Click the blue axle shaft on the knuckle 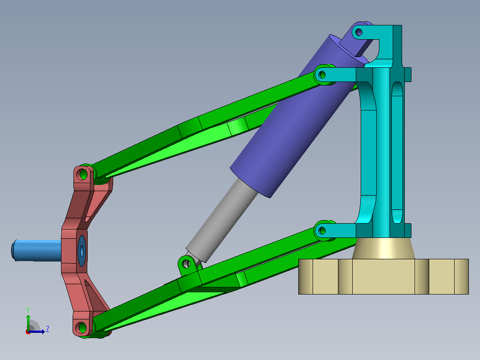(x=37, y=250)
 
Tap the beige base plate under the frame (x=383, y=276)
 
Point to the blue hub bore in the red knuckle (x=82, y=251)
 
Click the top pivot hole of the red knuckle (x=82, y=174)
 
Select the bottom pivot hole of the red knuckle (x=81, y=327)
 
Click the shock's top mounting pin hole (x=359, y=32)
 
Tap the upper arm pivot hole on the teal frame (x=322, y=74)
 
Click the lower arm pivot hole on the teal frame (x=322, y=230)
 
